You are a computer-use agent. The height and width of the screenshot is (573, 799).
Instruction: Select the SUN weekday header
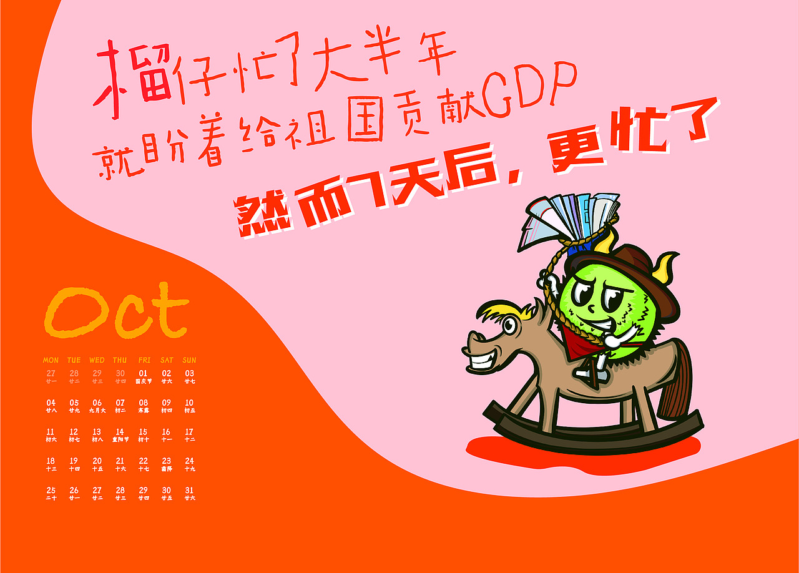tap(189, 360)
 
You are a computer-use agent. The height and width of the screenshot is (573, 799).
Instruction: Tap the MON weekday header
tap(51, 360)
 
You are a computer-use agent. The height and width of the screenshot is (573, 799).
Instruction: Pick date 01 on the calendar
tap(143, 374)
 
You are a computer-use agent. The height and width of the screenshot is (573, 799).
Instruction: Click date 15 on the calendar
tap(143, 432)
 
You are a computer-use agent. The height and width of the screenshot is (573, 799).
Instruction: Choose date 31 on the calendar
tap(189, 491)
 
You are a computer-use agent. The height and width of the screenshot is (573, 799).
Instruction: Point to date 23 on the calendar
tap(166, 461)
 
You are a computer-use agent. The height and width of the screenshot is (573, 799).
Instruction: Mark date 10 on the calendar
tap(189, 403)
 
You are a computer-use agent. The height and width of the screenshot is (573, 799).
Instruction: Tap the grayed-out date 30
tap(120, 374)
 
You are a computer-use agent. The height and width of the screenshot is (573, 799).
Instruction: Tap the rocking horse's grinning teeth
tap(483, 360)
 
